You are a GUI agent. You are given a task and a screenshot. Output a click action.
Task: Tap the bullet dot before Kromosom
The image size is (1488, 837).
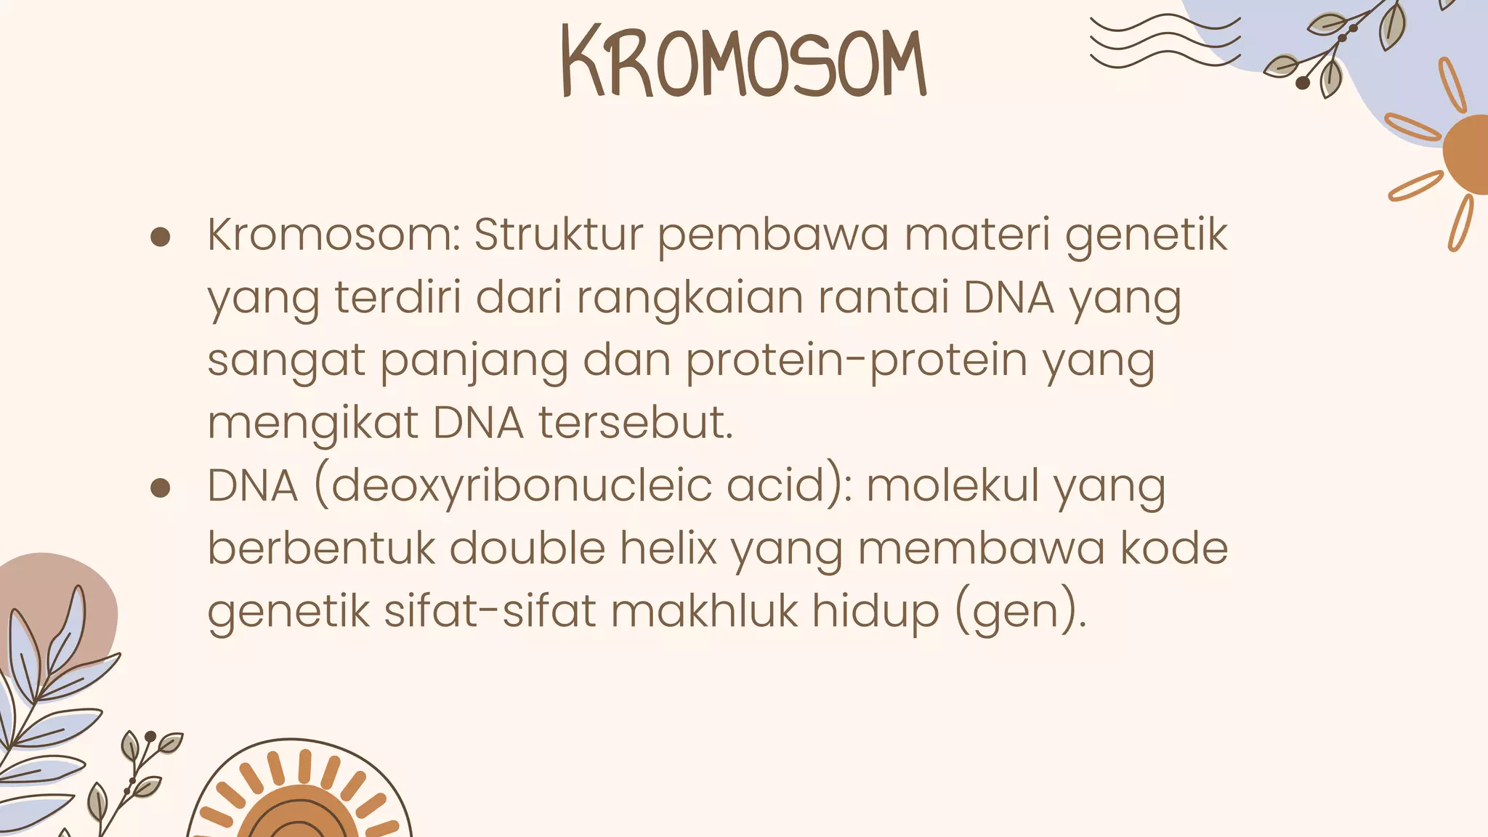(x=160, y=238)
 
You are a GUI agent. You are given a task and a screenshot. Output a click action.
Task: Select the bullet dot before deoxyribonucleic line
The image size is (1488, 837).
(x=160, y=488)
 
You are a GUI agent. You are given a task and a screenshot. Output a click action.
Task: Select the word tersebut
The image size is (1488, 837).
(x=636, y=423)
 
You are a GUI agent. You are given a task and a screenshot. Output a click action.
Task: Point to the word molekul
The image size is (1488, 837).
(x=953, y=485)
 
